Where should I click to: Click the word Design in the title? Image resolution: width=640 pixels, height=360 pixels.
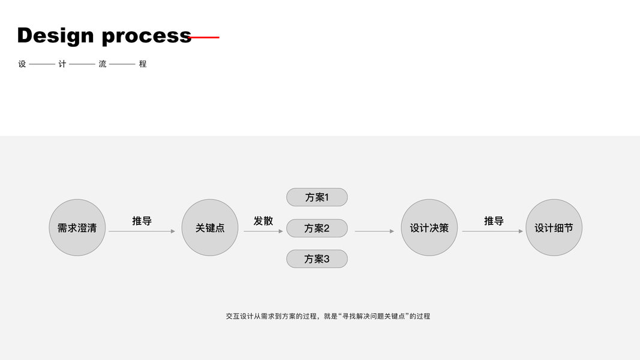pos(55,35)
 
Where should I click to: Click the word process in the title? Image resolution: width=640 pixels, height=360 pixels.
pos(146,37)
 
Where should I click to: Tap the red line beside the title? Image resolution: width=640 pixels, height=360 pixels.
pos(206,37)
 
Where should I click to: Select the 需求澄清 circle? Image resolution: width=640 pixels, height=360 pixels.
pos(77,228)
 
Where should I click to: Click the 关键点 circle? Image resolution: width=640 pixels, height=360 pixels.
pos(210,228)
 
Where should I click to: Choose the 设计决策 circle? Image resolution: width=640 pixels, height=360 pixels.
pos(429,228)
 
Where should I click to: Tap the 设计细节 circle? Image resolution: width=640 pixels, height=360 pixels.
pos(554,228)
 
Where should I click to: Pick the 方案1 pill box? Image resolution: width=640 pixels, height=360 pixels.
pos(317,197)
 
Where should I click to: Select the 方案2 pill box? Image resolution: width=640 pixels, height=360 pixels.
pos(317,228)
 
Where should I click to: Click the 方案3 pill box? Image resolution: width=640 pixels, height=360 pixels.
pos(317,259)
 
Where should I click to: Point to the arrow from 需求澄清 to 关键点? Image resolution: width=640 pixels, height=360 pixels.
pos(142,231)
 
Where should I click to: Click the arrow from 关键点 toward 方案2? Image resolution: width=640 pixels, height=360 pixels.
pos(263,231)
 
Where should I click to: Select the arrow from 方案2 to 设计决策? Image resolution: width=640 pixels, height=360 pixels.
pos(374,231)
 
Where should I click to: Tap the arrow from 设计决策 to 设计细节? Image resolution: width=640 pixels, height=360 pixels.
pos(492,231)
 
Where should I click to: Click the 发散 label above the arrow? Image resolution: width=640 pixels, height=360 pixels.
pos(263,221)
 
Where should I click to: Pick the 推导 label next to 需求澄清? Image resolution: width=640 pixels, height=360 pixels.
pos(142,221)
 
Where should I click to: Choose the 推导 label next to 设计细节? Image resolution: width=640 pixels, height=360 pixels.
pos(494,221)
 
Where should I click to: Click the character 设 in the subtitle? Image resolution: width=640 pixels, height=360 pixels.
pos(22,64)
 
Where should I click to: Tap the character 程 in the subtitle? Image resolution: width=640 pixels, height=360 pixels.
pos(143,64)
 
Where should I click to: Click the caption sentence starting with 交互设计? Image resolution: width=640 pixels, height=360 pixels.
pos(328,316)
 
